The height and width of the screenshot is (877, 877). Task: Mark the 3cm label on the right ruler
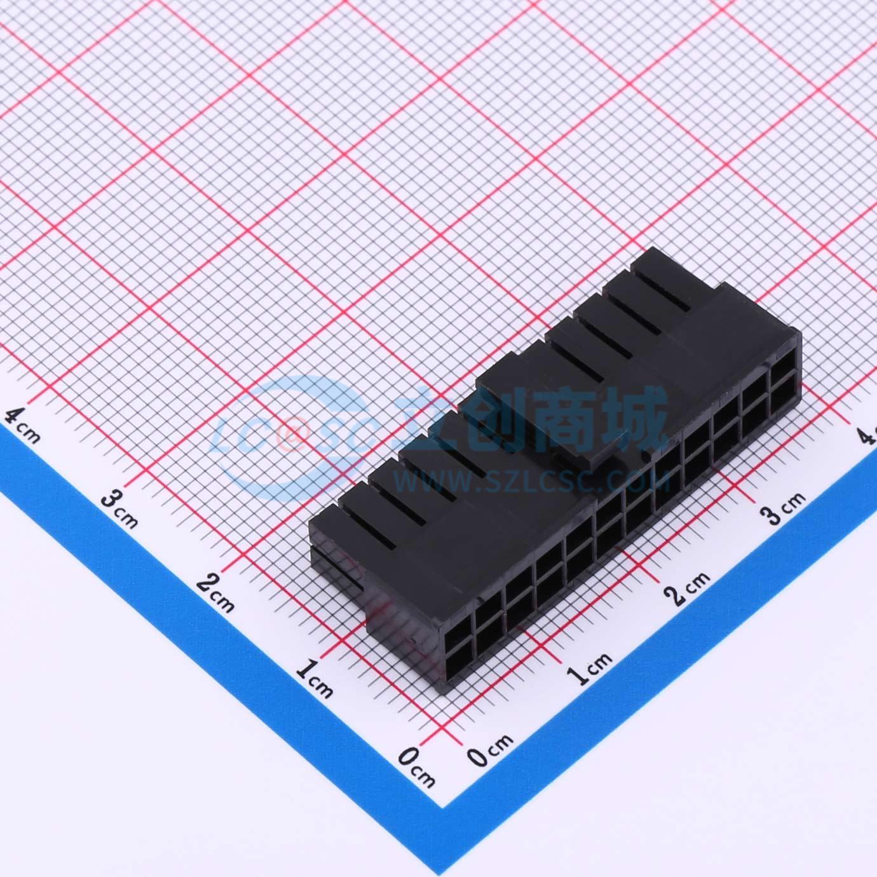coord(783,508)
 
